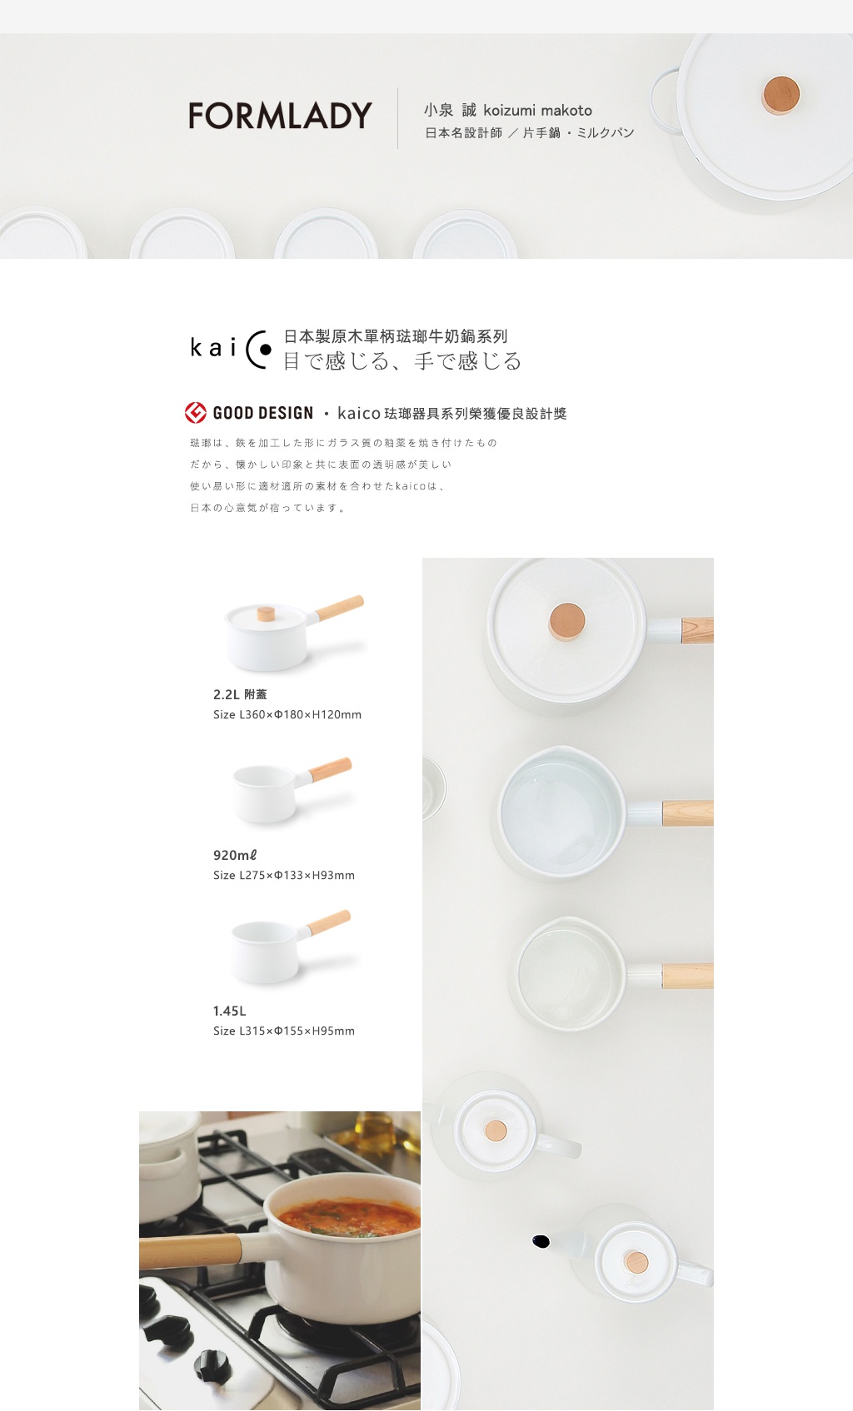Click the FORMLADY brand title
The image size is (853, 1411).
tap(280, 116)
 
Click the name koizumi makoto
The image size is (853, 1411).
tap(537, 110)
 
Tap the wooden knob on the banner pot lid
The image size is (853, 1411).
tap(781, 94)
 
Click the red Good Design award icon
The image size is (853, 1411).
tap(196, 413)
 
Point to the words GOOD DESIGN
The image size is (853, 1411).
tap(263, 413)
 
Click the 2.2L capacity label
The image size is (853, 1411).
tap(240, 694)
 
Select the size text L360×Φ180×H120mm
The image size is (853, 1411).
tap(287, 714)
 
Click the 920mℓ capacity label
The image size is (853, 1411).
tap(235, 855)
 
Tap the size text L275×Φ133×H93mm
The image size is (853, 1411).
tap(284, 875)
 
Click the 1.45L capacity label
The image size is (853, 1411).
tap(230, 1011)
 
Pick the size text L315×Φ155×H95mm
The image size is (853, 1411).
tap(284, 1031)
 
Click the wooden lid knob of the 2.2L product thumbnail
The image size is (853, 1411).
tap(266, 614)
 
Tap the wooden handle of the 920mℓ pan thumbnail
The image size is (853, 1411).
tap(331, 768)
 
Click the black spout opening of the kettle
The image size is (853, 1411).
tap(541, 1241)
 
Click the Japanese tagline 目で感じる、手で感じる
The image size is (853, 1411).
tap(402, 360)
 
